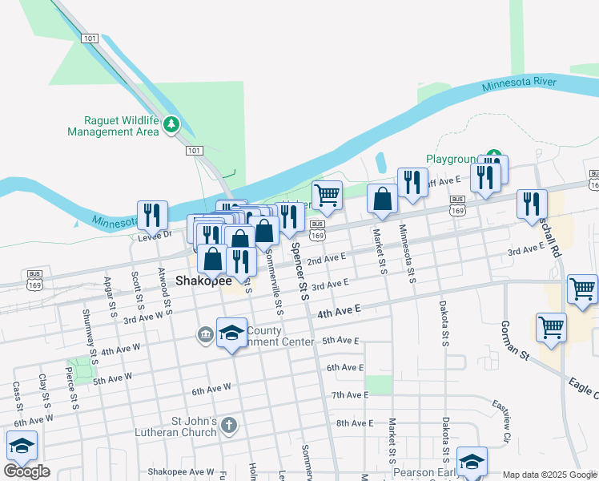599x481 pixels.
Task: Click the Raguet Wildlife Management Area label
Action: tap(113, 126)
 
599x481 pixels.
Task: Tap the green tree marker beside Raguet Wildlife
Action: tap(171, 125)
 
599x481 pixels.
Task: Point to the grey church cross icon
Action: tap(229, 425)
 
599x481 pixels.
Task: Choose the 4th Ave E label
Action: tap(340, 309)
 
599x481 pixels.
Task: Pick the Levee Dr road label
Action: tap(155, 235)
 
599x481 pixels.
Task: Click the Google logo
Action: tap(26, 471)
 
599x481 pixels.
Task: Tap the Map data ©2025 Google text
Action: tap(550, 475)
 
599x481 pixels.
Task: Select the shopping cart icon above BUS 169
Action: tap(327, 195)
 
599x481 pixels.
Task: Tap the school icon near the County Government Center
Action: tap(231, 332)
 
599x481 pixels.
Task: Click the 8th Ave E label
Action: tap(355, 422)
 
